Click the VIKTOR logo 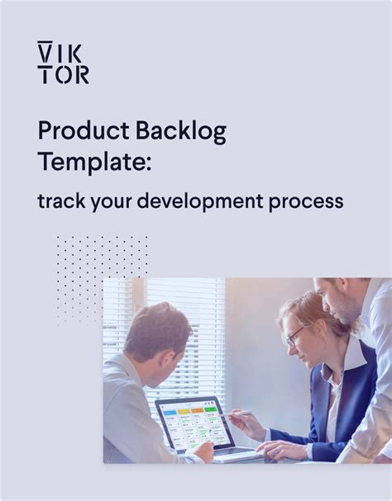point(63,63)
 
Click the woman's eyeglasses point(294,334)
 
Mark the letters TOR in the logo point(63,75)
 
